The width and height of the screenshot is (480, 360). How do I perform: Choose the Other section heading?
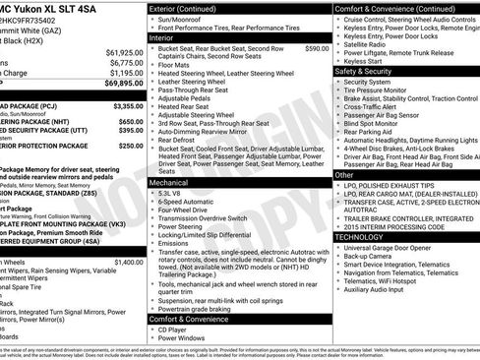pos(344,174)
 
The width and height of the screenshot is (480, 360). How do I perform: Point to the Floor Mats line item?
pos(183,64)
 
